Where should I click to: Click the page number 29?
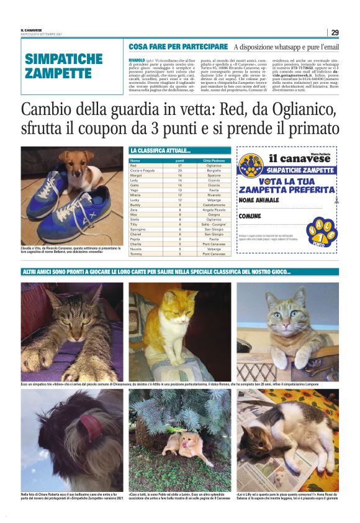335,32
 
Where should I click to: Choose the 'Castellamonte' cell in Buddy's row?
214,205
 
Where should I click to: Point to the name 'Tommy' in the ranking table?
136,254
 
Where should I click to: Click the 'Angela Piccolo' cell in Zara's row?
214,210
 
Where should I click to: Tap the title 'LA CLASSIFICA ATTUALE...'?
161,151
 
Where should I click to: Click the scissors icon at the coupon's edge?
336,201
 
